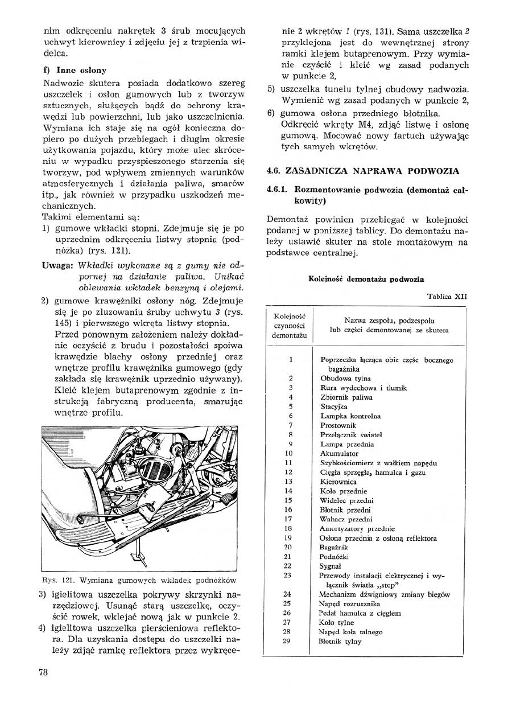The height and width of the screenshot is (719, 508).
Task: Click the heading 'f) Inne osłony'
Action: coord(75,71)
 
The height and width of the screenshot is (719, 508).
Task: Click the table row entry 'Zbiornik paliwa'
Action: coord(346,397)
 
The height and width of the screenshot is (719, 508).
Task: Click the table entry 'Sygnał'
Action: coord(331,566)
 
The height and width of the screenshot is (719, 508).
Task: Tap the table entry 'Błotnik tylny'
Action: coord(341,642)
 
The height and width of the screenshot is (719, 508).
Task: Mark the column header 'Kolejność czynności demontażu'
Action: coord(290,326)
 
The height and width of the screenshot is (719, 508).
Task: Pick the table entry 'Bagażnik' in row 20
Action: coord(334,547)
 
